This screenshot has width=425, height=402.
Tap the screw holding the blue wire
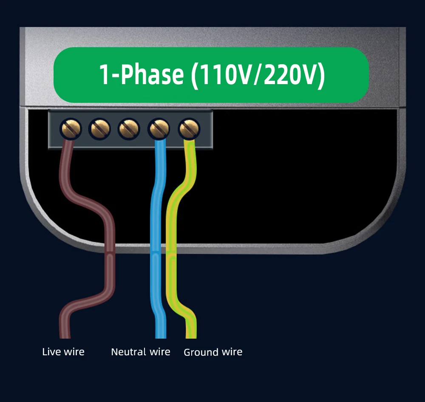click(x=159, y=128)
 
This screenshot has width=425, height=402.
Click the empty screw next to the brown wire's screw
click(x=100, y=128)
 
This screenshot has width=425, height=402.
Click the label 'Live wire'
click(x=63, y=352)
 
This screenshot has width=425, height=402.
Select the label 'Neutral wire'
click(x=140, y=352)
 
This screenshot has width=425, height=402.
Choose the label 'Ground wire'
click(x=213, y=352)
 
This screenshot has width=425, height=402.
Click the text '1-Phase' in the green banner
click(x=141, y=74)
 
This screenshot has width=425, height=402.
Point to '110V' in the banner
click(x=222, y=74)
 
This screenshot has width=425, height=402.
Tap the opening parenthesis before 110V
click(x=195, y=74)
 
